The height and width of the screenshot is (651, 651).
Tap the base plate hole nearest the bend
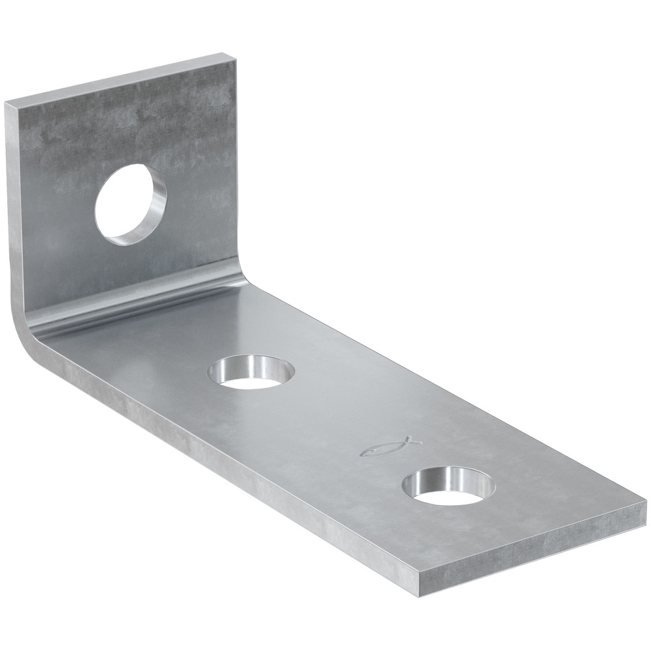251,373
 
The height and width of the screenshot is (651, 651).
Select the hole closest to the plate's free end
449,487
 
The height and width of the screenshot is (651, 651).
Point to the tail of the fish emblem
408,440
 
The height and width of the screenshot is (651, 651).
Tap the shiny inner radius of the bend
143,303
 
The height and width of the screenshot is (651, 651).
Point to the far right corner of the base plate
644,505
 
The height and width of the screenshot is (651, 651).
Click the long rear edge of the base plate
443,384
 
